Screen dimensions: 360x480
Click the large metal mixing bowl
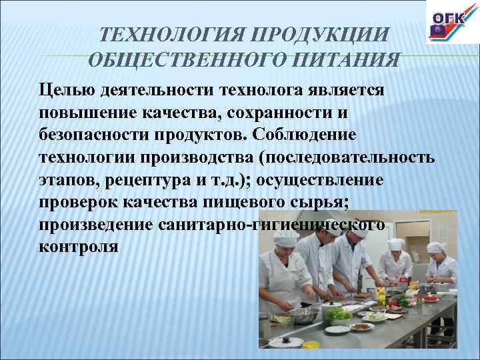[304, 314]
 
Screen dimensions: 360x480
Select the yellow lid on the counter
[381, 291]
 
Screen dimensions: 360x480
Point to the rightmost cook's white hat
[435, 247]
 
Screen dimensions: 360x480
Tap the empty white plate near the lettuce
[339, 329]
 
